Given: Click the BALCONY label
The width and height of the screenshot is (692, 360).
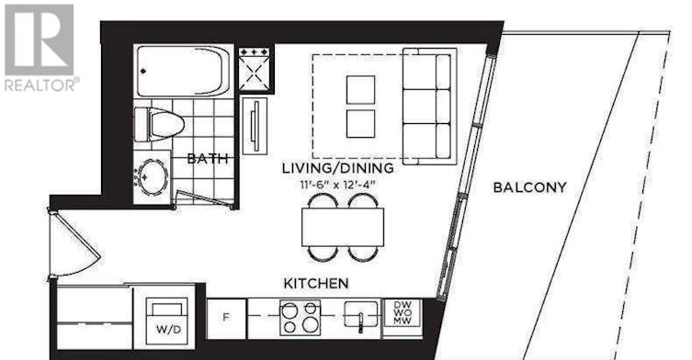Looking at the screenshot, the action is [x=529, y=187].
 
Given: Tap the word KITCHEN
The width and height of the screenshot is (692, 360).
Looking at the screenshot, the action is [x=316, y=283].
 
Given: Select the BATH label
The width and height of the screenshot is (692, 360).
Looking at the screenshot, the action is [x=208, y=159].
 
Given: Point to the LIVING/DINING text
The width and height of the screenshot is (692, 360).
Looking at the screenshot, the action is [x=338, y=168].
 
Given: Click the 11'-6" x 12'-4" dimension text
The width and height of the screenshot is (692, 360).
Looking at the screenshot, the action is [x=338, y=185].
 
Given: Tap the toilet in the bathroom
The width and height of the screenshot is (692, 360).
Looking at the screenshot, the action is [x=159, y=124].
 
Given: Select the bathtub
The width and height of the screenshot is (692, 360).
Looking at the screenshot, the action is [x=183, y=72].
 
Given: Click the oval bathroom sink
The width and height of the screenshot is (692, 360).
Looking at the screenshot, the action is [x=153, y=176].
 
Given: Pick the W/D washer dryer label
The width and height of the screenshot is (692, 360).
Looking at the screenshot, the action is [x=168, y=330].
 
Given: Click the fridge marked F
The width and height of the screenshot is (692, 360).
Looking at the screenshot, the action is [x=226, y=319].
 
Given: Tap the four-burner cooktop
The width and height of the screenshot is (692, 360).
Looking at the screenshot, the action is [x=301, y=318].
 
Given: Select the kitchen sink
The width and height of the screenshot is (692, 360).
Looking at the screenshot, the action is [x=361, y=314].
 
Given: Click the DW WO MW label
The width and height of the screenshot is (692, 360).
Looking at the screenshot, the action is [x=403, y=313].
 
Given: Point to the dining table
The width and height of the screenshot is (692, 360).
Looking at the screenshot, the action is [x=343, y=227].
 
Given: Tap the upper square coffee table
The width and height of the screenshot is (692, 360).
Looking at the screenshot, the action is [x=360, y=90].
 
